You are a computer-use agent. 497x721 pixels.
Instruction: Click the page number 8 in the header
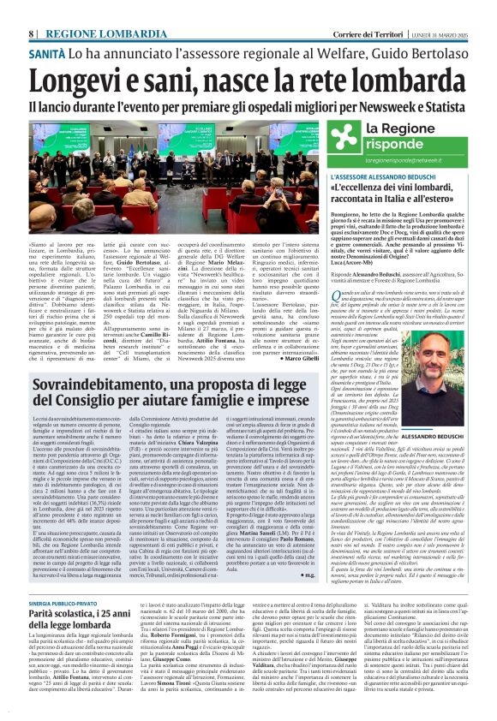[x=31, y=9]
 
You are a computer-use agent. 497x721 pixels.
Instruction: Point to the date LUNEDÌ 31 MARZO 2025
[x=440, y=9]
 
